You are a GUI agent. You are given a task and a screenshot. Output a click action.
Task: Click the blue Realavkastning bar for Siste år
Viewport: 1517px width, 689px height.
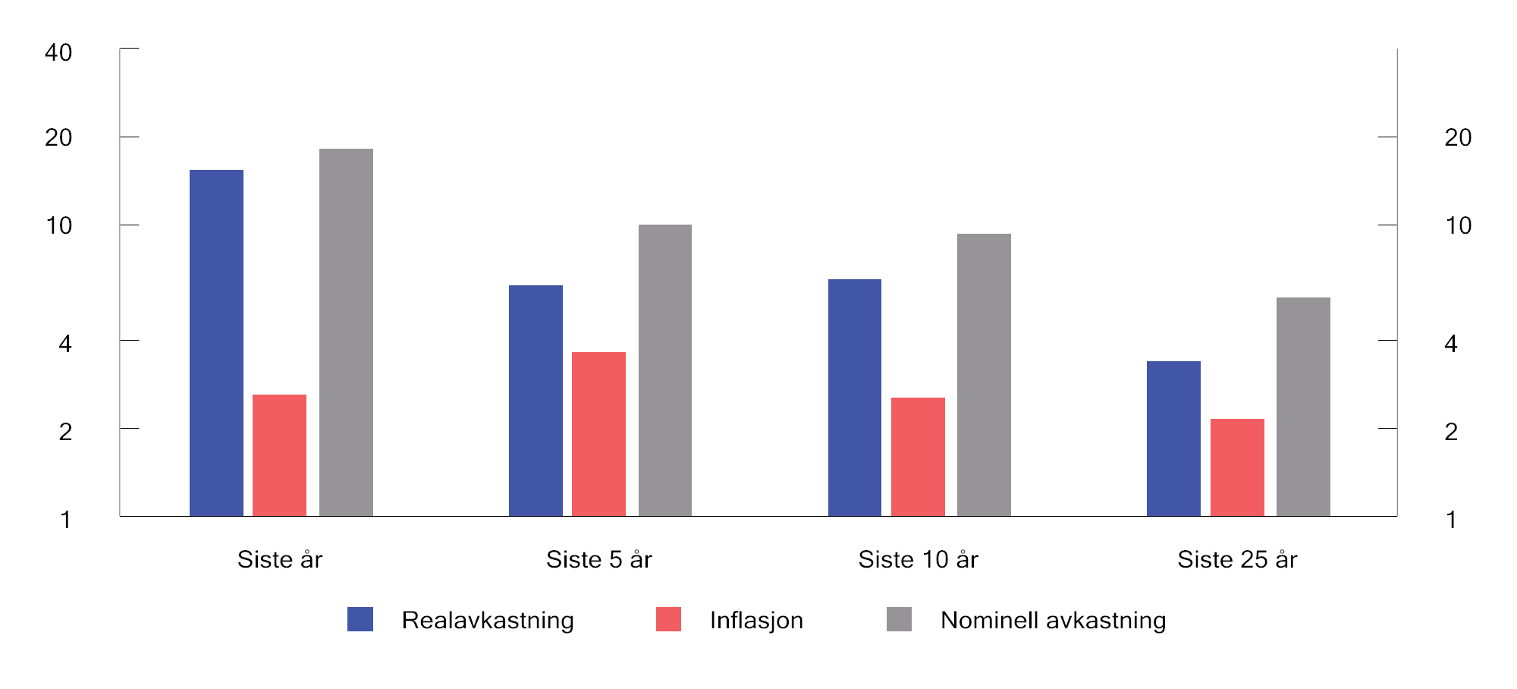point(216,343)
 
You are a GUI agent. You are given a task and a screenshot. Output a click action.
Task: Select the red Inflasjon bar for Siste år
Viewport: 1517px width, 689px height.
point(279,455)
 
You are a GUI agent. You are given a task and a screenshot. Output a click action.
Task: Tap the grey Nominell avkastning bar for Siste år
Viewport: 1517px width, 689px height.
point(346,332)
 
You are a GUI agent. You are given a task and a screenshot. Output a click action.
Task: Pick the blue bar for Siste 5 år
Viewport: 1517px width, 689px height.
point(536,401)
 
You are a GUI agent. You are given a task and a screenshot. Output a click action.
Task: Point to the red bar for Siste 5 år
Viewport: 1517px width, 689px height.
point(598,434)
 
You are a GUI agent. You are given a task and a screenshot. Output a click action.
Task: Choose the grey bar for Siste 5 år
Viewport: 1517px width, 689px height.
point(665,370)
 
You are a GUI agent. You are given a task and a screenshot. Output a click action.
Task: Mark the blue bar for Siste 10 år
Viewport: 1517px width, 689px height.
point(855,398)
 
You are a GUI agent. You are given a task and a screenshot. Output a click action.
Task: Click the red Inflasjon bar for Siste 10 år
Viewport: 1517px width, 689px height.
point(918,457)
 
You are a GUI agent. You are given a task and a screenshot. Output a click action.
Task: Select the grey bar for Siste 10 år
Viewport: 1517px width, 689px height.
point(984,375)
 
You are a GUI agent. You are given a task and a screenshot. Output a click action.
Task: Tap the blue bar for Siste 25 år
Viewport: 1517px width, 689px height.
point(1173,439)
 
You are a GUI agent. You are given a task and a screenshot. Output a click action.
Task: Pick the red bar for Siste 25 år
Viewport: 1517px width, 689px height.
point(1237,467)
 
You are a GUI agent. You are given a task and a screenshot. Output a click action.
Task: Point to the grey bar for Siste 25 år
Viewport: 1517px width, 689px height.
point(1303,407)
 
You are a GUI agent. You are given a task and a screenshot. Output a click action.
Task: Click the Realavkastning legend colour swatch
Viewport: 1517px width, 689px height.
point(360,619)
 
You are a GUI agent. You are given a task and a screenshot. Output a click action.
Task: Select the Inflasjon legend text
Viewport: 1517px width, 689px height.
point(756,620)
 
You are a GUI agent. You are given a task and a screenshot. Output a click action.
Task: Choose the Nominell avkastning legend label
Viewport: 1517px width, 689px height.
point(1053,620)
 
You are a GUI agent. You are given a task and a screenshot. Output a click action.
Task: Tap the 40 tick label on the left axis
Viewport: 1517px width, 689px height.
point(58,52)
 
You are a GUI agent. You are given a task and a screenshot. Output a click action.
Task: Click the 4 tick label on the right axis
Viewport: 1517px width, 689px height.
point(1451,344)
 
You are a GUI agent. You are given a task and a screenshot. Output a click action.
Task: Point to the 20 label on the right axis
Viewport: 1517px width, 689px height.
point(1458,137)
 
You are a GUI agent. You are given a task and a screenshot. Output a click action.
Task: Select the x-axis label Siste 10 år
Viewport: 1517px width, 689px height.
point(918,559)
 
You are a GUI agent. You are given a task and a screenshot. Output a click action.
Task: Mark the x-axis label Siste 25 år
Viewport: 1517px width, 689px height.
point(1237,559)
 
